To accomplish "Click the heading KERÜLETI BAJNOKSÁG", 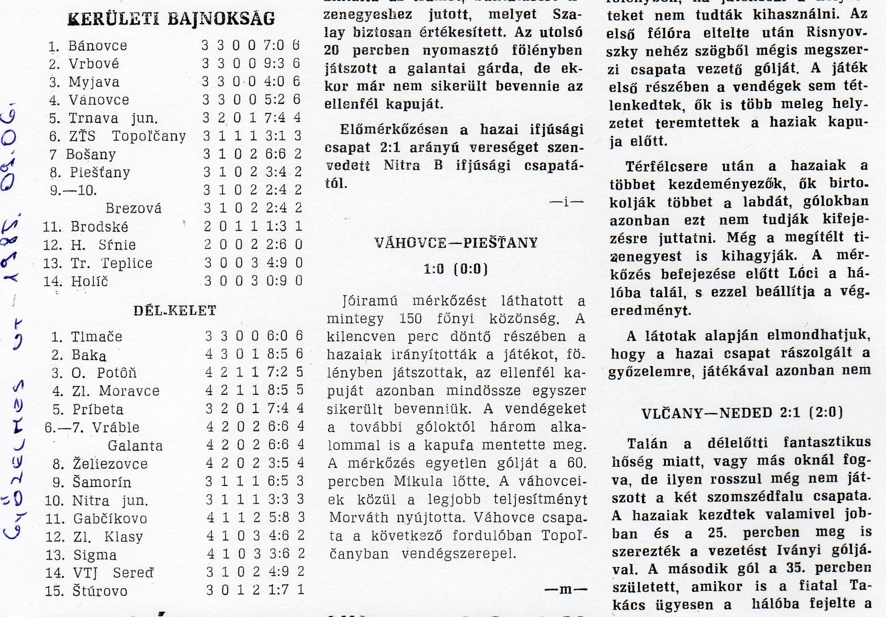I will (x=171, y=19).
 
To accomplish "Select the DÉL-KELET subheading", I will (x=175, y=310).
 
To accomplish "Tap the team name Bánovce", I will (x=97, y=46).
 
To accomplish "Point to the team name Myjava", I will (x=94, y=82).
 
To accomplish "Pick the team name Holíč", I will (x=89, y=281).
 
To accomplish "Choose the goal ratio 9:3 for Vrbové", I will (x=275, y=63).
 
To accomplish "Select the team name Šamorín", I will (x=102, y=482).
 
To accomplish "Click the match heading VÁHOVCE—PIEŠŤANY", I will (x=456, y=243).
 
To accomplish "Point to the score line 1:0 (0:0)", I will (x=456, y=269).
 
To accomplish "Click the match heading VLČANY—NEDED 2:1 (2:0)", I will (x=742, y=413).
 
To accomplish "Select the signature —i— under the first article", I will (x=566, y=202).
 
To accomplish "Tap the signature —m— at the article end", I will (x=565, y=589).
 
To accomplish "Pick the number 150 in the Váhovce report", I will (x=411, y=319).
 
